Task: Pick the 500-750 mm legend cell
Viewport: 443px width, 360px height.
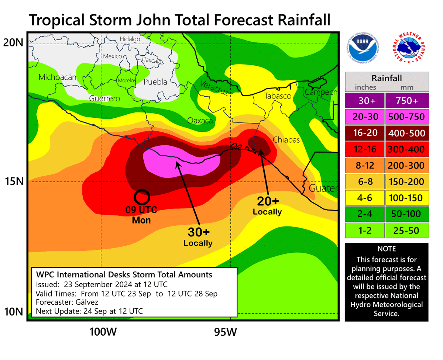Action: point(406,117)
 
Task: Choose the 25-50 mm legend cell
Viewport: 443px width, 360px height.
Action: point(406,230)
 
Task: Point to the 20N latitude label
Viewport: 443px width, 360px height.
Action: point(14,43)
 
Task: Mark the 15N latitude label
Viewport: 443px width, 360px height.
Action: point(14,181)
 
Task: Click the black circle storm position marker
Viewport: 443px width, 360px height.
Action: point(141,197)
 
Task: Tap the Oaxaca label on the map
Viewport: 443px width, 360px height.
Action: point(200,120)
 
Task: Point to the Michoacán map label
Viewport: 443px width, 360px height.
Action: point(57,77)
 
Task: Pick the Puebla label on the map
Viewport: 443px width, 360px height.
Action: point(155,82)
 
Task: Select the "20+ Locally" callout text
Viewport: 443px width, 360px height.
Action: point(267,205)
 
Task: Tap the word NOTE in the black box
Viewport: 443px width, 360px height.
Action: point(386,249)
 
